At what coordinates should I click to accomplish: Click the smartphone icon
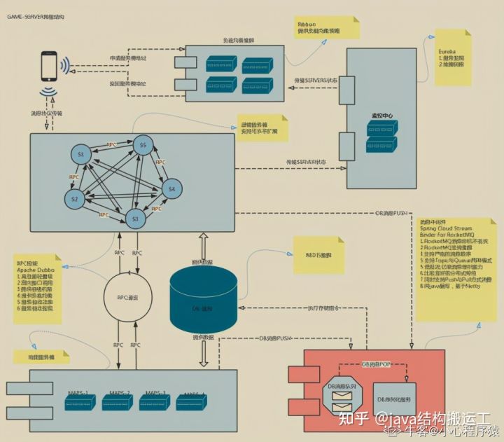click(49, 66)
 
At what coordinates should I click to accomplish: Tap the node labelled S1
click(80, 153)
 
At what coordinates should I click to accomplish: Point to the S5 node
click(143, 146)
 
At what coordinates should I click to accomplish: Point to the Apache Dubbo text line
click(35, 269)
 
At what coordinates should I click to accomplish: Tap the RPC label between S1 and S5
click(111, 145)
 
